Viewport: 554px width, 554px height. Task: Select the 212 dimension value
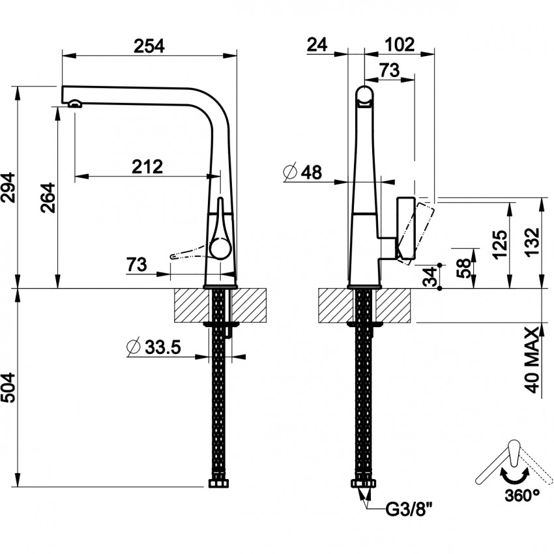point(147,167)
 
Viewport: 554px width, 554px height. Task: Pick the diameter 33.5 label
point(154,347)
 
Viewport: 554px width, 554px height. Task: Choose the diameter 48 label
point(304,173)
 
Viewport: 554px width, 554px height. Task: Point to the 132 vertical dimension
point(532,242)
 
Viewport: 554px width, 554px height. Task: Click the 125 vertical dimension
point(499,244)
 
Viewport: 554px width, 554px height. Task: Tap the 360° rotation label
point(521,495)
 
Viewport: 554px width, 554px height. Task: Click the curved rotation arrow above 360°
point(514,478)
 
